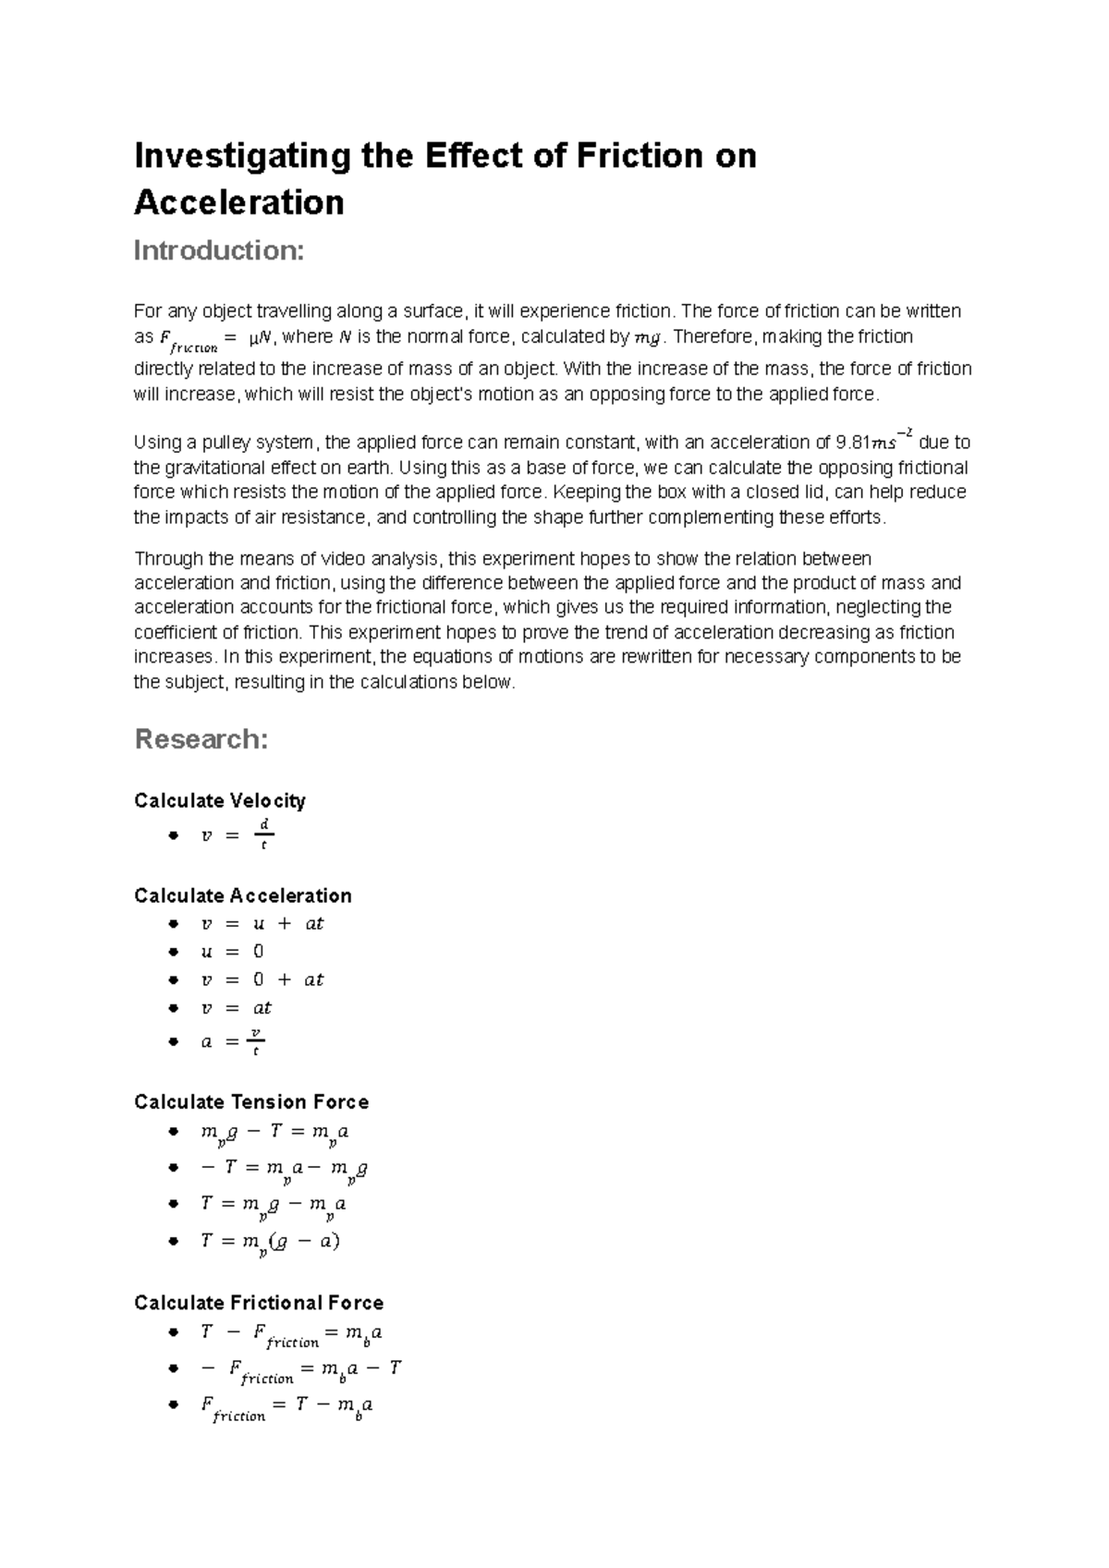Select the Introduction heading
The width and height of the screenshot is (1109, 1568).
click(219, 250)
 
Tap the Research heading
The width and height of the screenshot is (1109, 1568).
click(201, 739)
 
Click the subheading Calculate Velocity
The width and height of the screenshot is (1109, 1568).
click(219, 800)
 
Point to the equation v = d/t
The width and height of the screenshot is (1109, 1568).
click(237, 834)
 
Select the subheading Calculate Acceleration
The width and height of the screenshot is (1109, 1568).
click(242, 895)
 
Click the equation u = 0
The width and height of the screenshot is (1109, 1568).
click(232, 952)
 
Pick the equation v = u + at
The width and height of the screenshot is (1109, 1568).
click(262, 923)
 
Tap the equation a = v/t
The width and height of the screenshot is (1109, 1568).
click(233, 1041)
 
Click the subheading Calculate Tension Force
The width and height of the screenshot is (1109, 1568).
click(250, 1101)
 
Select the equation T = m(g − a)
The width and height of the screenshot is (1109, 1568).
click(270, 1242)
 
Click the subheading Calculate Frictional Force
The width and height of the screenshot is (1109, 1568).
click(258, 1303)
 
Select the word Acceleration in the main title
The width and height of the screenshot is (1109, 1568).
click(238, 202)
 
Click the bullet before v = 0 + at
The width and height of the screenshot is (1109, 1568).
click(173, 979)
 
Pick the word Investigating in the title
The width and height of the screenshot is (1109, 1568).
click(242, 155)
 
